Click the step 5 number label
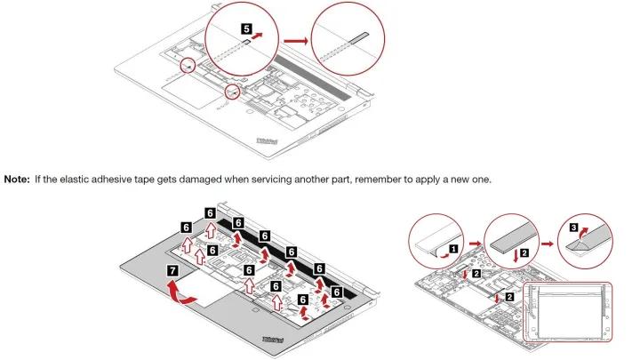pyautogui.click(x=246, y=29)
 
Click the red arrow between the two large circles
pyautogui.click(x=296, y=41)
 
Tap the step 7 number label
pyautogui.click(x=172, y=270)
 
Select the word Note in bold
pyautogui.click(x=17, y=180)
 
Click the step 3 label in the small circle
pyautogui.click(x=573, y=228)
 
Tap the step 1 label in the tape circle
pyautogui.click(x=453, y=248)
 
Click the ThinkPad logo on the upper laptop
pyautogui.click(x=267, y=141)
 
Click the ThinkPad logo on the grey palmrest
pyautogui.click(x=273, y=340)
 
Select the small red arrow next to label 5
pyautogui.click(x=257, y=36)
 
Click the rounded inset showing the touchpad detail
pyautogui.click(x=568, y=312)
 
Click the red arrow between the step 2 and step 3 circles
pyautogui.click(x=548, y=244)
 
